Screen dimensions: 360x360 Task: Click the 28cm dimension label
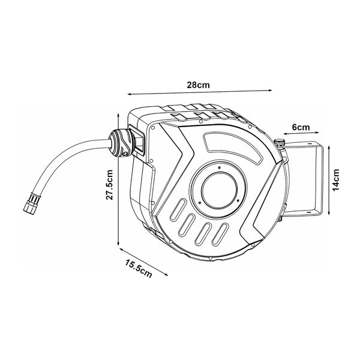click(198, 85)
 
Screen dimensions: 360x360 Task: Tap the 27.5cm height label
click(110, 185)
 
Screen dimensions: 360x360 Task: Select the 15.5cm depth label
click(139, 269)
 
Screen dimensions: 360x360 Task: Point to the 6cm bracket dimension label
click(301, 127)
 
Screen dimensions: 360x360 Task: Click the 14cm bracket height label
click(335, 180)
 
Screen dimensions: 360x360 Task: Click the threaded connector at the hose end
click(31, 202)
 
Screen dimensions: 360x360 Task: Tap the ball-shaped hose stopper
click(121, 143)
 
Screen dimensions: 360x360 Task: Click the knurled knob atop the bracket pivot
click(280, 143)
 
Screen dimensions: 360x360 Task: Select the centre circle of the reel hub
click(219, 191)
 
